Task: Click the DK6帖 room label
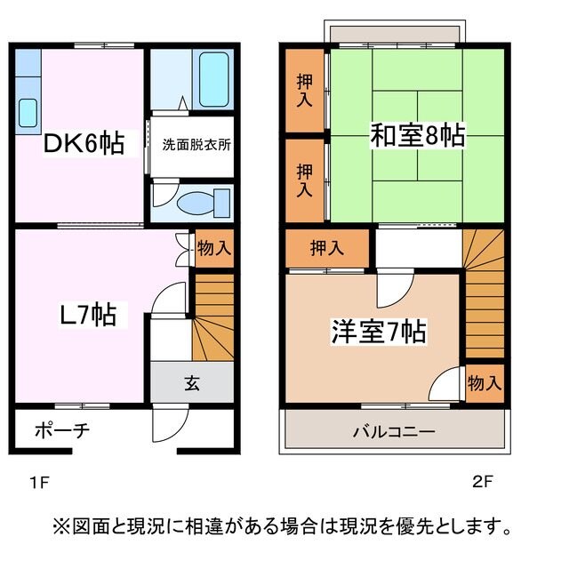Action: pos(85,142)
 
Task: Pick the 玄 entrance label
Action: pos(191,384)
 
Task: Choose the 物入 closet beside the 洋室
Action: pos(485,383)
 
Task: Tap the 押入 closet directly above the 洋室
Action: pos(326,247)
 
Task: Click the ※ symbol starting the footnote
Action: pos(64,526)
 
